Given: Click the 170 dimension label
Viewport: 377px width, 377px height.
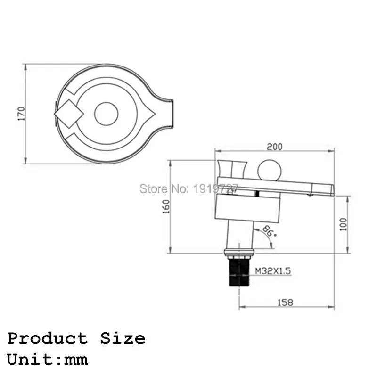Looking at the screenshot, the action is pos(22,114).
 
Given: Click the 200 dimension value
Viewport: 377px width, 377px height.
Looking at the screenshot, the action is pos(275,147).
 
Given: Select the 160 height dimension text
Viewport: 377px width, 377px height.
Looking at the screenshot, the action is pos(166,206).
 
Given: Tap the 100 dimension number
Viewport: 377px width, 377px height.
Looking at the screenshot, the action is pos(344,224).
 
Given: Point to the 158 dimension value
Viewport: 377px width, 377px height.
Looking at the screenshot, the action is pos(286,303).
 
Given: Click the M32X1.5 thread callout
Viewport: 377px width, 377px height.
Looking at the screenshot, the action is pos(273,271).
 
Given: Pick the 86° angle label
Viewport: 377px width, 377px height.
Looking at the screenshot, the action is pos(269,231).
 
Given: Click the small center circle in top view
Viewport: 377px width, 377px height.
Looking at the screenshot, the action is pos(107,114).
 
